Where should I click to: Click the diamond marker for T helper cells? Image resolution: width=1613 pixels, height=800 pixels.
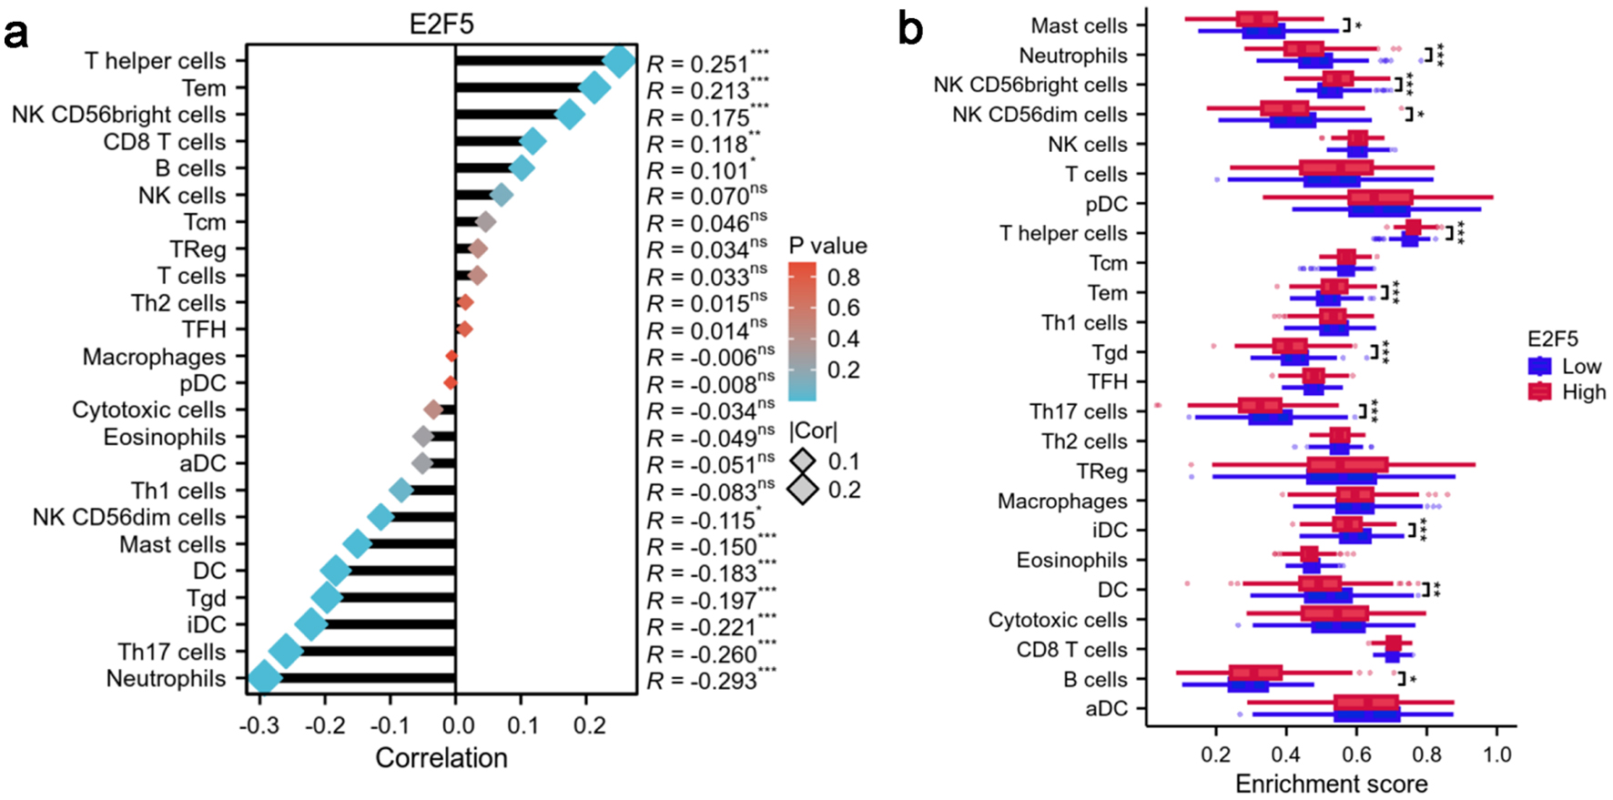pos(619,62)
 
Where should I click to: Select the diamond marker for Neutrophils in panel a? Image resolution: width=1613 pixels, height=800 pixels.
pos(264,678)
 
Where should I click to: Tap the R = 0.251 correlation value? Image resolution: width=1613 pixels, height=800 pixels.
pos(697,64)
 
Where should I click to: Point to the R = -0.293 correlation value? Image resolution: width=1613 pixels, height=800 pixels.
pos(701,681)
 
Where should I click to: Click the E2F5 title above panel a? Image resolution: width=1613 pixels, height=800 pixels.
pos(441,24)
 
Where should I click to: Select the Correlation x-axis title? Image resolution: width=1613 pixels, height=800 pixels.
pos(441,758)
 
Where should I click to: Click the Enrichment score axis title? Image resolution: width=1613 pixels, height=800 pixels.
pos(1331,784)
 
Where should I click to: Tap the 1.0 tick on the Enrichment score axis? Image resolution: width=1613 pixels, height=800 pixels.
pos(1496,754)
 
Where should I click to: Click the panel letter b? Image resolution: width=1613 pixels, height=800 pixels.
pos(910,30)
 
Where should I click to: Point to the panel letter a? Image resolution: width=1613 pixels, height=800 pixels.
pos(16,34)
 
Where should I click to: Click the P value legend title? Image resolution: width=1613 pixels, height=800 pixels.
pos(827,246)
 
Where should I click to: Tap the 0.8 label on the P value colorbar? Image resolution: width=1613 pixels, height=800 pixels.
pos(844,277)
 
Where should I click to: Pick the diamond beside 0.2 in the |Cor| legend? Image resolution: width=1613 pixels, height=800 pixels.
pos(803,490)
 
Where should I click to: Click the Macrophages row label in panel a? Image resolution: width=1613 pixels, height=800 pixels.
pos(154,357)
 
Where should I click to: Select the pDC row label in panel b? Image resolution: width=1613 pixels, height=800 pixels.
pos(1106,204)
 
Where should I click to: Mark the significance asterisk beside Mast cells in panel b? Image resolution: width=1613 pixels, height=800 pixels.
pos(1358,26)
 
